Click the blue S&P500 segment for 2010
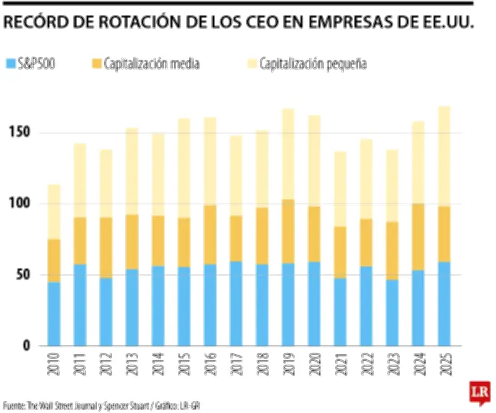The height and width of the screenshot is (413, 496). [x=54, y=313]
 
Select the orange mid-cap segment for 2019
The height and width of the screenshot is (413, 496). [x=288, y=231]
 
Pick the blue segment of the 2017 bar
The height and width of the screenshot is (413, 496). [x=236, y=303]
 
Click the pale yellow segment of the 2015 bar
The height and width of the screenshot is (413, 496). [x=184, y=168]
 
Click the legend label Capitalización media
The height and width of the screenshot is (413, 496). [x=151, y=63]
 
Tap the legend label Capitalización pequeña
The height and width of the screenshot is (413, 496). [x=313, y=63]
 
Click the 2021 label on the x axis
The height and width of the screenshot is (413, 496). [x=340, y=366]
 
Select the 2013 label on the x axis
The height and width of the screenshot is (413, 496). [x=132, y=366]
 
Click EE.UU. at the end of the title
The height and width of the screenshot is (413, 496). [x=446, y=23]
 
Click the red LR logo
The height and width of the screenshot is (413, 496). [x=477, y=392]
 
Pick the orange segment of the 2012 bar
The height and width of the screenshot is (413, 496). [x=106, y=247]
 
